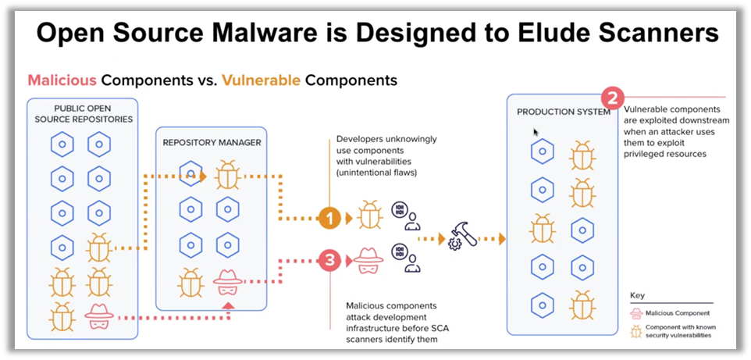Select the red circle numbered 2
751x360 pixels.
coord(614,100)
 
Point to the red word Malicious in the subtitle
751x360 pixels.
coord(62,80)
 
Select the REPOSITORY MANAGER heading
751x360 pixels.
coord(212,142)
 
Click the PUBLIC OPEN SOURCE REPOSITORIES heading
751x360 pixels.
coord(82,113)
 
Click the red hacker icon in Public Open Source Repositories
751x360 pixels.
coord(99,316)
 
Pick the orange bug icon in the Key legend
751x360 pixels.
coord(637,331)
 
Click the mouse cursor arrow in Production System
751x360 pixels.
coord(536,133)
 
